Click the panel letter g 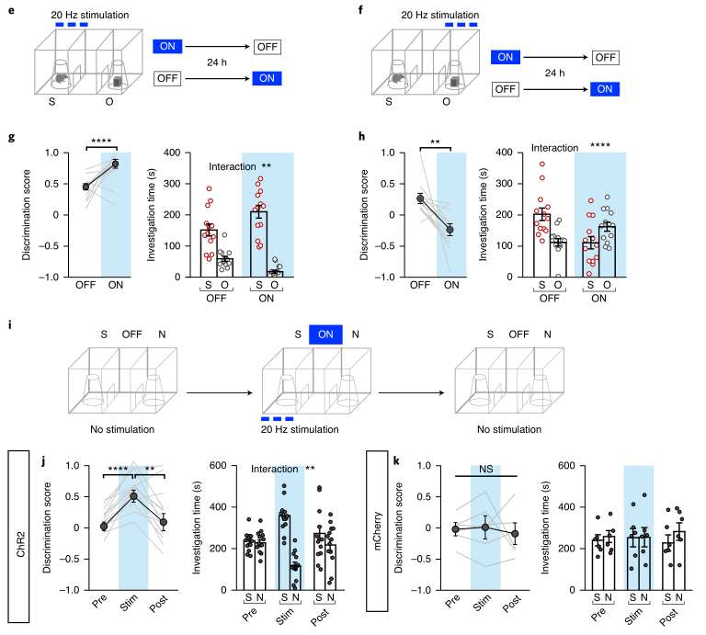12,137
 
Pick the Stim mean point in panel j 133,496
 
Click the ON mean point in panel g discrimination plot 115,164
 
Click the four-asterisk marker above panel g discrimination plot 99,141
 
